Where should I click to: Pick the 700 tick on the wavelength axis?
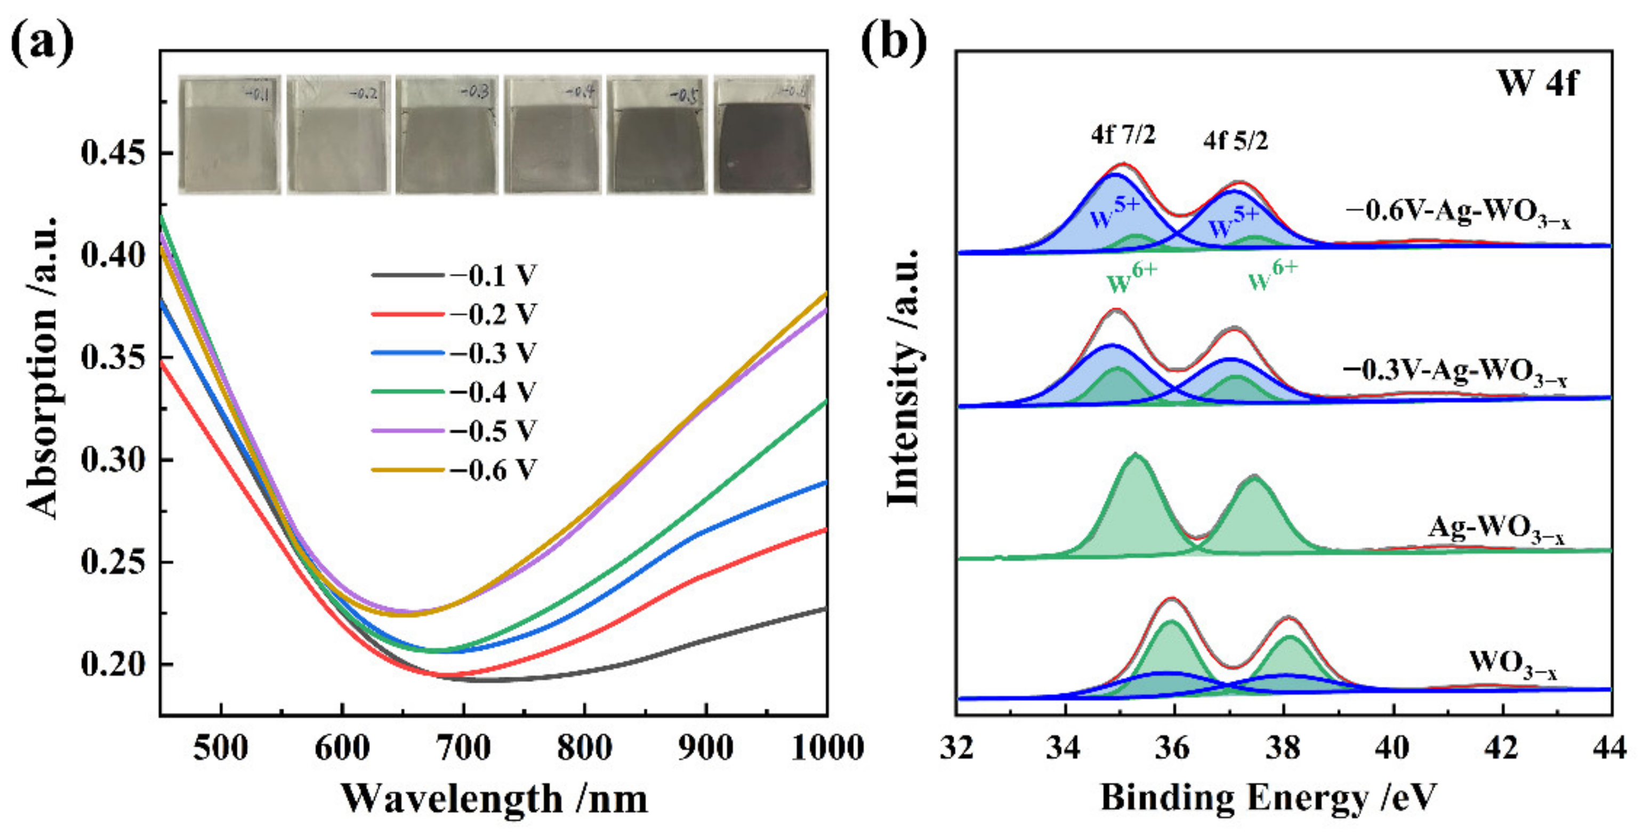click(463, 747)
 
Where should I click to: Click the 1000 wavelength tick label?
click(827, 747)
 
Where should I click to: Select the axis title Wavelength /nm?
click(494, 798)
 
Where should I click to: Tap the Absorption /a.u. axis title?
click(43, 367)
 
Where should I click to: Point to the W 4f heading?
click(1537, 82)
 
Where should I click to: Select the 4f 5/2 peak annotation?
click(1235, 140)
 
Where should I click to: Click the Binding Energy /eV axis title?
click(1268, 797)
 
